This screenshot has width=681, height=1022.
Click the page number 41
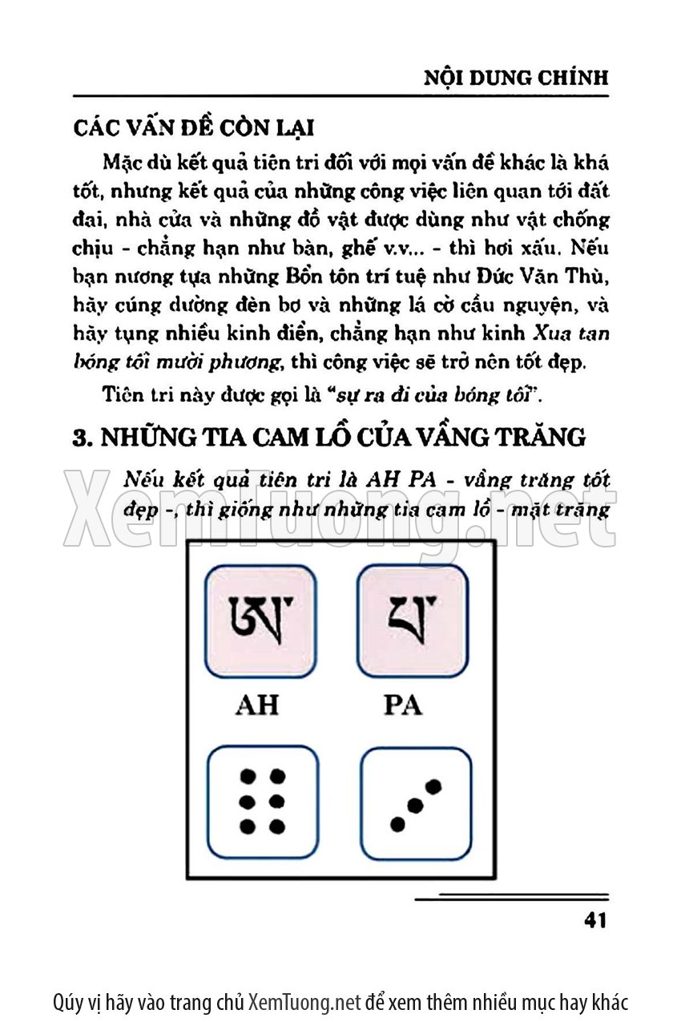(595, 920)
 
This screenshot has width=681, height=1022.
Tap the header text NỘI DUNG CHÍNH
(515, 78)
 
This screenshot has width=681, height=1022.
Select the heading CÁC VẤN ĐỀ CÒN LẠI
(193, 128)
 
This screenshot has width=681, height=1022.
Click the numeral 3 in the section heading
(79, 438)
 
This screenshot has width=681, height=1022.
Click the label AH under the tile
(257, 705)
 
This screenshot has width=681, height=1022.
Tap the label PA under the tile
(403, 705)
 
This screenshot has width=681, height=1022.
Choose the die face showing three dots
(415, 803)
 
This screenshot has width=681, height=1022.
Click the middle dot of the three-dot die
(415, 804)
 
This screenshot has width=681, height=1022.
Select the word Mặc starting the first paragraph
(123, 163)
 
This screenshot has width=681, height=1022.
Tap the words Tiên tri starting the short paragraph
(135, 394)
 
